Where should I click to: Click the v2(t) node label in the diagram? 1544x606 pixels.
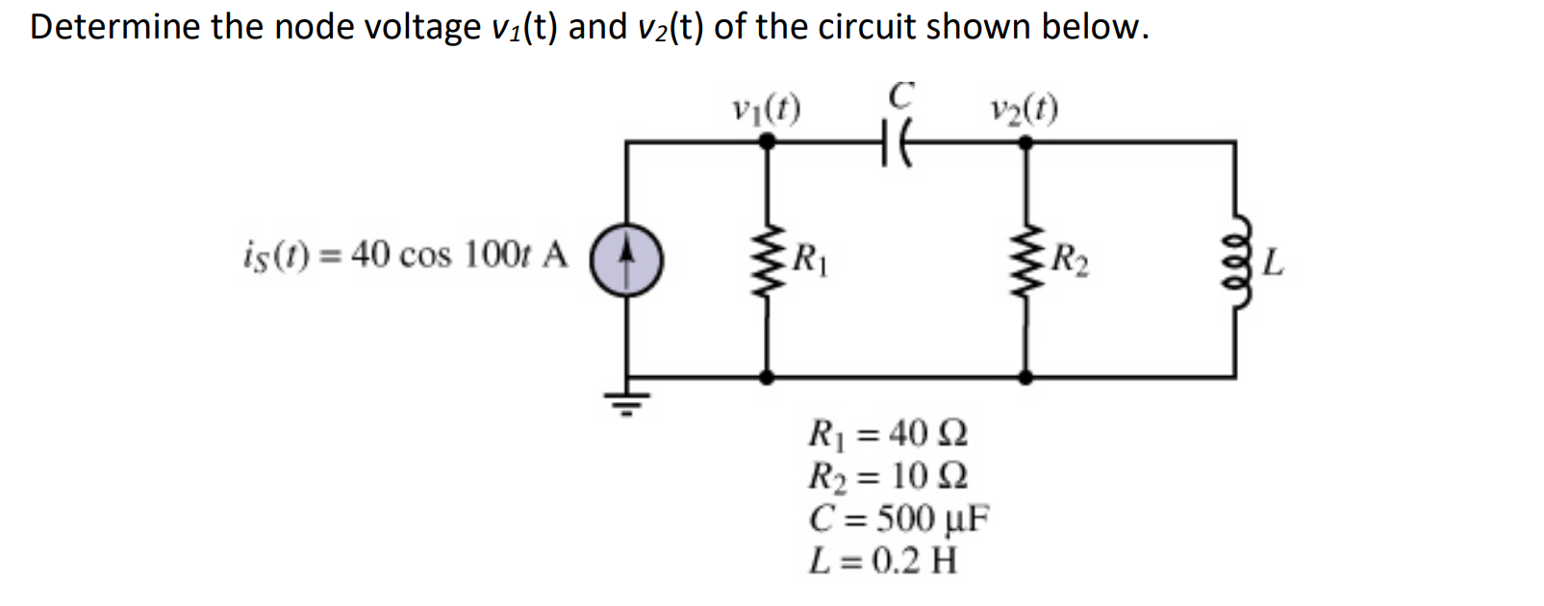tap(1024, 108)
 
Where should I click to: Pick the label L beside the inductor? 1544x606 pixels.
tap(1272, 262)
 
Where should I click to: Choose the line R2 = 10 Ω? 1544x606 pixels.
tap(888, 475)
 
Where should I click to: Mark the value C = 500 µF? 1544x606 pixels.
tap(899, 518)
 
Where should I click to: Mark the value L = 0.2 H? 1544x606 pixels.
tap(883, 559)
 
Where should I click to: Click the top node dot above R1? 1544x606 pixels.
tap(767, 141)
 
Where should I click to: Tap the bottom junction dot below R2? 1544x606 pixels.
tap(1026, 378)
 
